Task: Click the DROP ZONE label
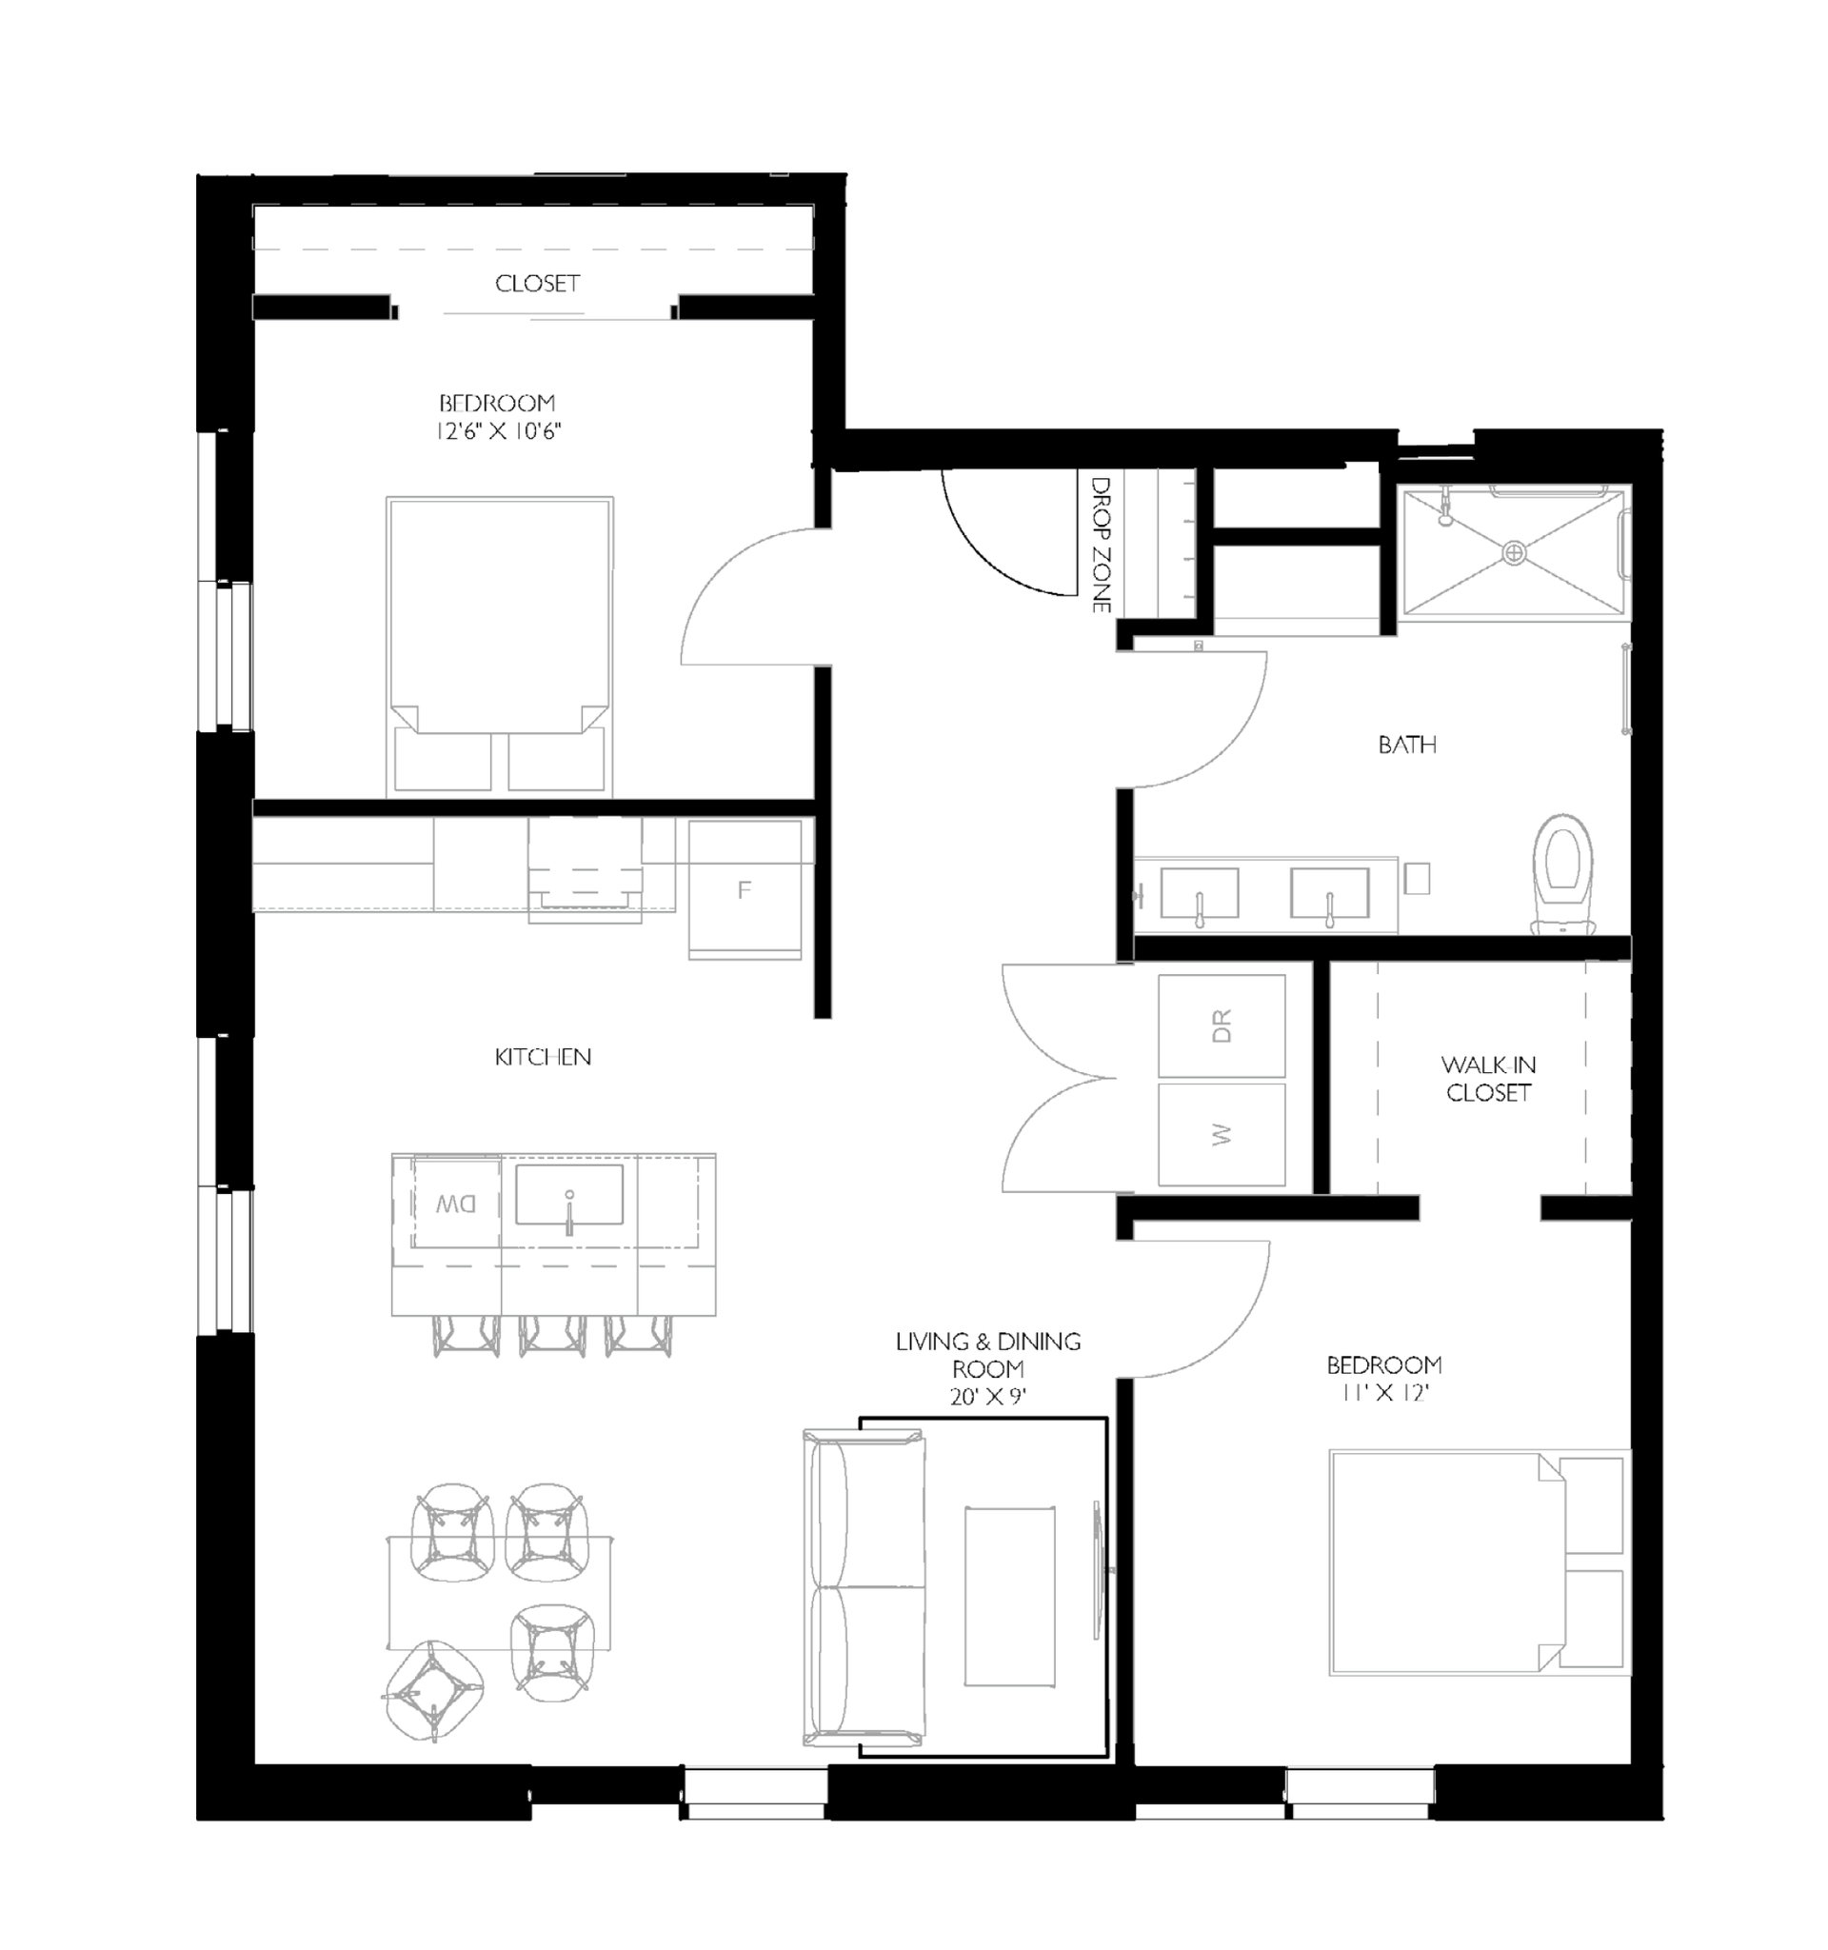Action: [x=1101, y=545]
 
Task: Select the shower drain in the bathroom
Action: [x=1514, y=553]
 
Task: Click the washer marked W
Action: [x=1221, y=1134]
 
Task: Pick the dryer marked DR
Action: [x=1221, y=1026]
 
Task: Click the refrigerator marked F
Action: [x=745, y=889]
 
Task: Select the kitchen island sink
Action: [x=568, y=1194]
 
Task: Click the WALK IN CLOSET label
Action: [x=1488, y=1078]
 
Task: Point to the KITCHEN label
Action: [x=543, y=1057]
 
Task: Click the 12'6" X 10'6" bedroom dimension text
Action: [x=498, y=430]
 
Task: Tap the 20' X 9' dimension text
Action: [x=987, y=1396]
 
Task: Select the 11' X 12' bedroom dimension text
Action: [x=1383, y=1392]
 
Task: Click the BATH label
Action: [x=1406, y=745]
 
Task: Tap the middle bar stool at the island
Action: [x=552, y=1334]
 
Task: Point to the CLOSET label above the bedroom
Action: [x=537, y=284]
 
